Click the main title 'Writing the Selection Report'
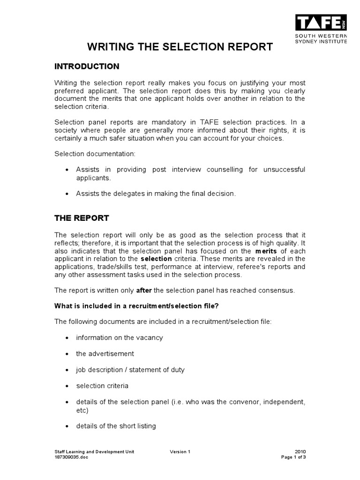click(x=180, y=47)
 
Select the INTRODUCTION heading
click(x=87, y=66)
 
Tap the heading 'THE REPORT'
click(x=82, y=218)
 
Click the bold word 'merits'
click(x=268, y=251)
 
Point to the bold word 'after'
click(x=144, y=290)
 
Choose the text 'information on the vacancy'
click(x=120, y=337)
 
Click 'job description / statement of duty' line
click(x=130, y=369)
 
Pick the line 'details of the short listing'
click(x=116, y=426)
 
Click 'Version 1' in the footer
click(x=180, y=451)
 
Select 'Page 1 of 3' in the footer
click(x=293, y=457)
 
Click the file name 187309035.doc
click(x=71, y=457)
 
